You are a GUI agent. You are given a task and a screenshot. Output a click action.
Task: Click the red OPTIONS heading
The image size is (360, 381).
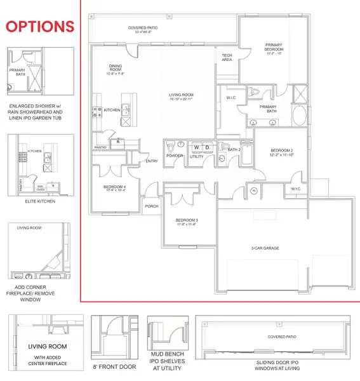[x=40, y=26]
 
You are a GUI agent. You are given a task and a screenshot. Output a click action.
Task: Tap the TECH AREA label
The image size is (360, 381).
[x=227, y=57]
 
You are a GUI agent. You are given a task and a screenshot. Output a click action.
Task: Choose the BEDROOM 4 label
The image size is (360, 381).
[x=115, y=187]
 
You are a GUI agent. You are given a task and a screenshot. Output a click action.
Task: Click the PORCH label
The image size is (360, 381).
[x=152, y=205]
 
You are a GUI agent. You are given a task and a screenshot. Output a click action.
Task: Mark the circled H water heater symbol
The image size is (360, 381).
[x=254, y=190]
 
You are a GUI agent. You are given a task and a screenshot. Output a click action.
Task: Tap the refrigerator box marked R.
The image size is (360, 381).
[x=117, y=142]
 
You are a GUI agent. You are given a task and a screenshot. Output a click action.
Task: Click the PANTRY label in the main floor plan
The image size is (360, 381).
[x=100, y=147]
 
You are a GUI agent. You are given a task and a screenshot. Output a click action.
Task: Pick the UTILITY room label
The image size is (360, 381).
[x=197, y=156]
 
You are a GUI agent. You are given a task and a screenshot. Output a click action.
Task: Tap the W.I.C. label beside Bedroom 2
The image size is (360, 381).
[x=296, y=189]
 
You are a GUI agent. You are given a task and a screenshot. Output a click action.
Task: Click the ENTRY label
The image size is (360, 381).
[x=152, y=161]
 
